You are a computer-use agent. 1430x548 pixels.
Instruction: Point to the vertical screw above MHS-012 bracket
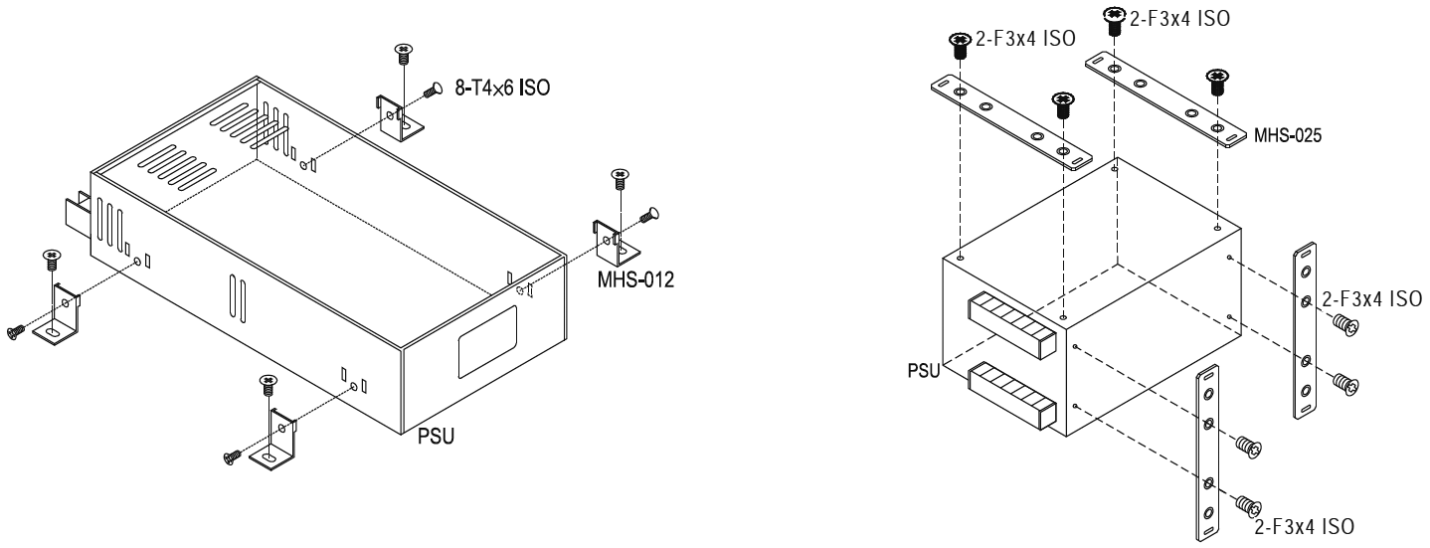pos(620,180)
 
